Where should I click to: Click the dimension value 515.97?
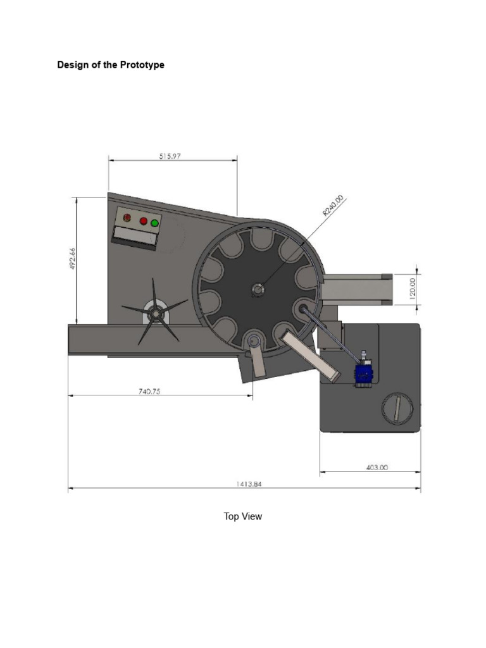tap(170, 155)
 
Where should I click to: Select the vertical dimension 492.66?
tap(73, 258)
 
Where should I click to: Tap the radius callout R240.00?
tap(333, 206)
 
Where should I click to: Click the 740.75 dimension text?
tap(149, 391)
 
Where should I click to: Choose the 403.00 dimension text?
tap(377, 468)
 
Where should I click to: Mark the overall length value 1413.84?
tap(249, 484)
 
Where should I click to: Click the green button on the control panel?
tap(154, 223)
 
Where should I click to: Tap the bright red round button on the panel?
tap(143, 221)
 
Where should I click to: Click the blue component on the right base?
tap(363, 373)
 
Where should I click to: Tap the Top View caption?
tap(242, 516)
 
